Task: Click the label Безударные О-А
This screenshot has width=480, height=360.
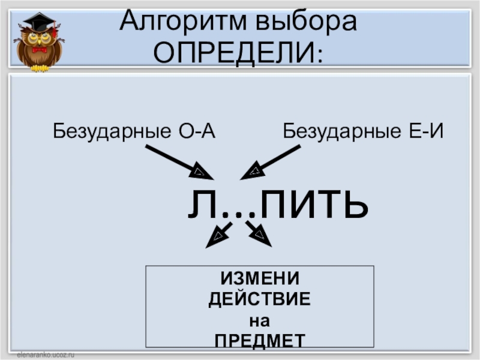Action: pos(134,130)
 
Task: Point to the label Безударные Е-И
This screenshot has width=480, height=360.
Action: pos(364,130)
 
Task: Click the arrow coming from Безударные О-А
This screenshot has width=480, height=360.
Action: pos(178,162)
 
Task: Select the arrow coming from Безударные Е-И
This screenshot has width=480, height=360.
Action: pos(271,162)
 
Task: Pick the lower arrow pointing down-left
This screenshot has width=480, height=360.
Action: pos(218,235)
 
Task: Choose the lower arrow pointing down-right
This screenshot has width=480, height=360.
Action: pos(258,233)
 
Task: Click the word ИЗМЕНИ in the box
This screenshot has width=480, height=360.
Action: pos(259,279)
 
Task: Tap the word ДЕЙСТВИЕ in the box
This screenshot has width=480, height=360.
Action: pos(259,299)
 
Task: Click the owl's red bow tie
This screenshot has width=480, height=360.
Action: pos(40,50)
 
